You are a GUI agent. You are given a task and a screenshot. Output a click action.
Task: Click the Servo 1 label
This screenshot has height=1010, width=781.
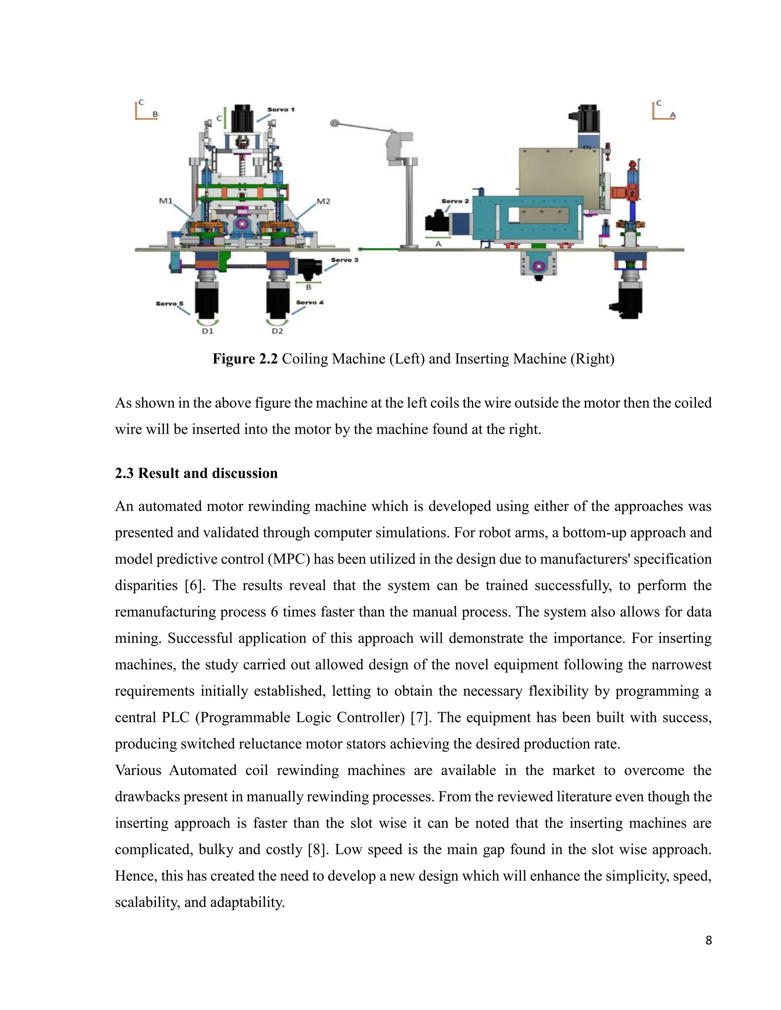click(x=281, y=110)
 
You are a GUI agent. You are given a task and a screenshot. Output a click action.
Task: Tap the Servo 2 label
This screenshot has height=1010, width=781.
click(x=455, y=201)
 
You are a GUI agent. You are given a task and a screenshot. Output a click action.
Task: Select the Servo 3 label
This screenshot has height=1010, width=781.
click(x=344, y=260)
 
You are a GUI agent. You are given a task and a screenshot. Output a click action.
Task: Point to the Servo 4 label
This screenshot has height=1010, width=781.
click(x=310, y=303)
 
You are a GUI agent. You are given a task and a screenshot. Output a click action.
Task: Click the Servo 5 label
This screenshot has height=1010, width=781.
click(x=169, y=303)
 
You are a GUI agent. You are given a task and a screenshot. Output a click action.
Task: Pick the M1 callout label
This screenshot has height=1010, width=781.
click(x=166, y=201)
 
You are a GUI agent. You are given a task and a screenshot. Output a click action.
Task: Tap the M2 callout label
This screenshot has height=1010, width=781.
click(x=323, y=201)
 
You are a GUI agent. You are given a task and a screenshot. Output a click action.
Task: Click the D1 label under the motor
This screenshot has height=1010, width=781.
click(x=207, y=331)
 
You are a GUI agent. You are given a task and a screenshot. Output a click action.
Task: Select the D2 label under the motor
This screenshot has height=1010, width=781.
click(x=277, y=331)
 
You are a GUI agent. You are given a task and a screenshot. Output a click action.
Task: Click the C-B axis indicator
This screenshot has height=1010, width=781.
click(x=145, y=111)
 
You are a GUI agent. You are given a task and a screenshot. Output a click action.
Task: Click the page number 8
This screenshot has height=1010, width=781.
click(x=709, y=940)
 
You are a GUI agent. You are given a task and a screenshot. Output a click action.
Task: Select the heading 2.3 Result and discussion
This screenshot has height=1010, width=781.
click(x=196, y=473)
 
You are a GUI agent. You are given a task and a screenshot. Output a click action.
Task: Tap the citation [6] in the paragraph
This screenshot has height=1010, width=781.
click(x=192, y=585)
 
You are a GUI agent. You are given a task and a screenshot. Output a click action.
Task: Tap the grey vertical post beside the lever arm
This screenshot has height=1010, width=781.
click(x=409, y=204)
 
